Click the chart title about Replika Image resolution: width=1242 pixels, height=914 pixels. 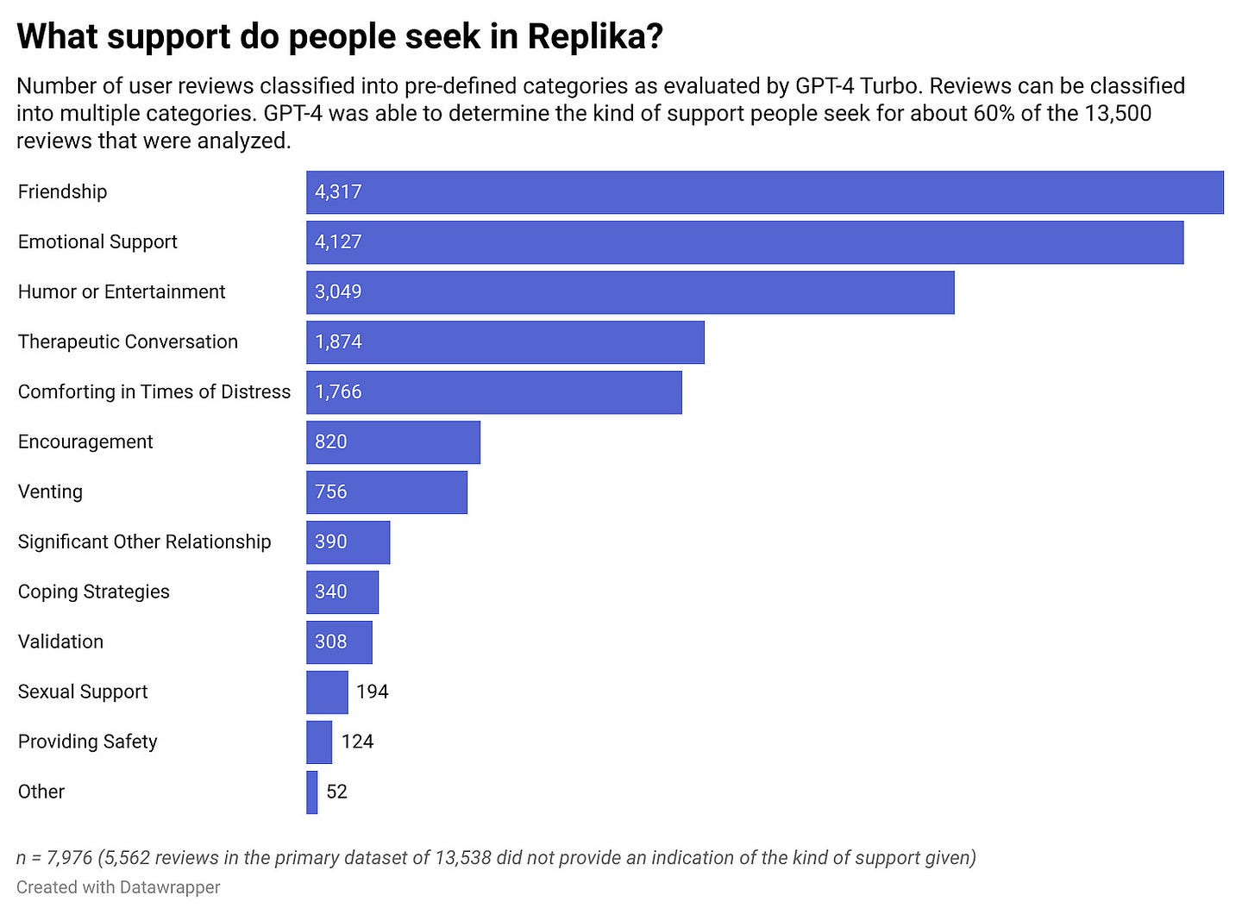tap(340, 37)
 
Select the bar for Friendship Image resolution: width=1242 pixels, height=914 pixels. tap(764, 192)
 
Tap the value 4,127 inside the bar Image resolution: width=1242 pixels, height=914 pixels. tap(338, 242)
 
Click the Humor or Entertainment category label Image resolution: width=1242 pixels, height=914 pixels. tap(122, 292)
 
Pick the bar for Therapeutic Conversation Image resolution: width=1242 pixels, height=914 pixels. tap(505, 342)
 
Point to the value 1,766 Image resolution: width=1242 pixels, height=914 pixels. tap(338, 392)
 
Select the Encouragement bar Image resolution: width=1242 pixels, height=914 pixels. tap(393, 442)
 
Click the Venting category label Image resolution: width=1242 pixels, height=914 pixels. tap(50, 492)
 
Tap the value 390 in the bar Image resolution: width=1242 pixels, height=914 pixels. tap(331, 542)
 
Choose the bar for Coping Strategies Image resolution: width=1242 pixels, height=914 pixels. tap(342, 592)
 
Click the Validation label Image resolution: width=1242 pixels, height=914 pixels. tap(60, 642)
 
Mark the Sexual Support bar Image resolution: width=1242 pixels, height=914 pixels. tap(327, 692)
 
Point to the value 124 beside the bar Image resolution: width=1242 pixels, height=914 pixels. tap(357, 742)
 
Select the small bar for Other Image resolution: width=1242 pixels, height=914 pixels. tap(312, 792)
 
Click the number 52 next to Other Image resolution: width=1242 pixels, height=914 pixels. tap(336, 792)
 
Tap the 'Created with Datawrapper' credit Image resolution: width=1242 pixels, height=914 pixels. tap(118, 887)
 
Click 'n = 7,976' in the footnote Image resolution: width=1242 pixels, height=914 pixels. tap(54, 858)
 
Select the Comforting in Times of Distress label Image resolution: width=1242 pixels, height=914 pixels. tap(154, 392)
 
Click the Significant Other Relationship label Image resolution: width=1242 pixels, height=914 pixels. tap(144, 542)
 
